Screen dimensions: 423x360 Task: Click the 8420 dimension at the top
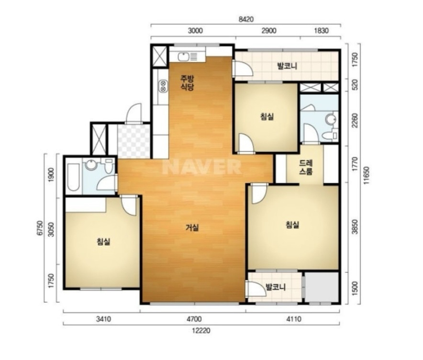(246, 20)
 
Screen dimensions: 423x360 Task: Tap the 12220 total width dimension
(201, 330)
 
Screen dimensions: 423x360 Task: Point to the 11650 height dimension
(367, 176)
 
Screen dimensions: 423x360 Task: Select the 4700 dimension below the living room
(194, 319)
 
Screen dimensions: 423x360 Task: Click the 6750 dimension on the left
(40, 228)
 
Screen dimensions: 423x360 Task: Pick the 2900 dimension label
(269, 31)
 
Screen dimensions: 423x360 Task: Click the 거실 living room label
(192, 228)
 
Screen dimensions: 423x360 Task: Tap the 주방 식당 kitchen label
(187, 83)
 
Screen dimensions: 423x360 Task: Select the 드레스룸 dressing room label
(306, 168)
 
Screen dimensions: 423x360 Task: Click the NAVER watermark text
(201, 167)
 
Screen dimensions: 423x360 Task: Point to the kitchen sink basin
(183, 57)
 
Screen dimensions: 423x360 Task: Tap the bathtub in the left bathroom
(73, 177)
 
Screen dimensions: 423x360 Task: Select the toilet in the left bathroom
(109, 166)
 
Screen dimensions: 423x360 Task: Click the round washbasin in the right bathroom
(331, 119)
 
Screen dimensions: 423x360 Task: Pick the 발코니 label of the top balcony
(287, 66)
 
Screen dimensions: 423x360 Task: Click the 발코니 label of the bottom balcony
(276, 287)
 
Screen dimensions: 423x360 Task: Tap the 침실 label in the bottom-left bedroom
(103, 241)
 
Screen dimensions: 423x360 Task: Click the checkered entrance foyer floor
(134, 141)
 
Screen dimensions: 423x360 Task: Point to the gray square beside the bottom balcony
(322, 287)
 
